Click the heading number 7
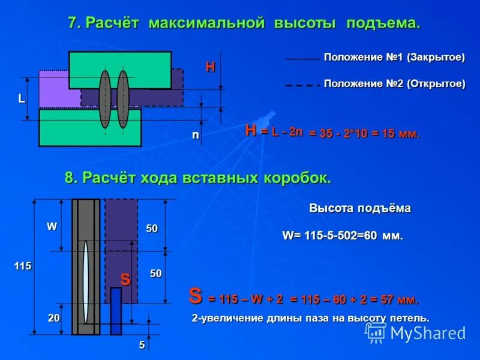72,23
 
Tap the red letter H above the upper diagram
210,67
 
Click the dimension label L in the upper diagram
22,99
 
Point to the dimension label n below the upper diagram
194,136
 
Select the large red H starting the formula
251,130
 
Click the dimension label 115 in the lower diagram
23,265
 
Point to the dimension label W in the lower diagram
52,227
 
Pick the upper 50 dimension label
152,229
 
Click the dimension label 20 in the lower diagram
54,319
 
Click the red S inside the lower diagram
125,279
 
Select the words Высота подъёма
360,209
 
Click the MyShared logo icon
376,332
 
